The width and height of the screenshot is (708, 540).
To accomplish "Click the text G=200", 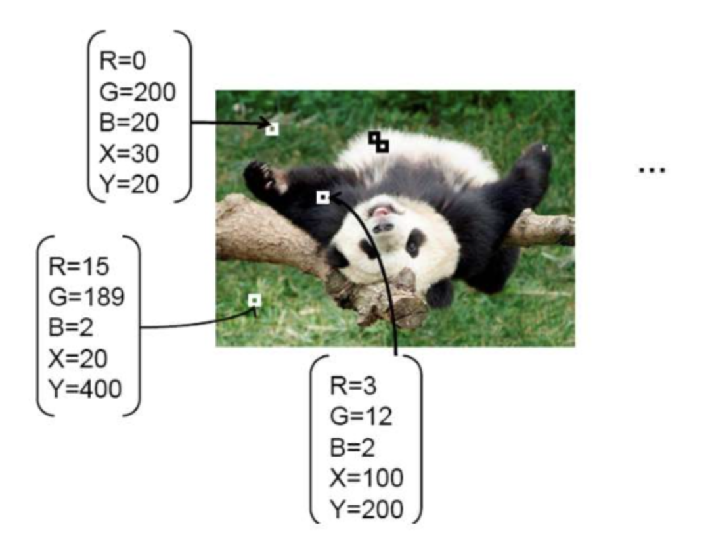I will (137, 91).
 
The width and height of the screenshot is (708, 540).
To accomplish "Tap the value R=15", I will (77, 266).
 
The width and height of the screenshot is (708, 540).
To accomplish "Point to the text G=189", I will (86, 297).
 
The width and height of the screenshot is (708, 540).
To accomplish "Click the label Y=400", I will (85, 389).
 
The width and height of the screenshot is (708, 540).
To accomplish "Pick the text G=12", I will (361, 416).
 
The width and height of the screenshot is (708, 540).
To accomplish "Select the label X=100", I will (366, 478).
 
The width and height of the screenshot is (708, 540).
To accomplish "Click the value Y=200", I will (366, 509).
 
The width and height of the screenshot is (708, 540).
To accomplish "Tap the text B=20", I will (129, 123).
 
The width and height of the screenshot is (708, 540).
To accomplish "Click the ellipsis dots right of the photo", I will (652, 170).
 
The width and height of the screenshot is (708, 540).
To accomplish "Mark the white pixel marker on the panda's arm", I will (322, 197).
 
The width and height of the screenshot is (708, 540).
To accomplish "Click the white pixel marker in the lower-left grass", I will (255, 300).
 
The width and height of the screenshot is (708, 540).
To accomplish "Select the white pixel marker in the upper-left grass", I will (272, 129).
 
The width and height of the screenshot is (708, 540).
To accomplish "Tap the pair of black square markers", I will (378, 142).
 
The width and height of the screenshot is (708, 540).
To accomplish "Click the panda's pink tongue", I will (381, 212).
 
